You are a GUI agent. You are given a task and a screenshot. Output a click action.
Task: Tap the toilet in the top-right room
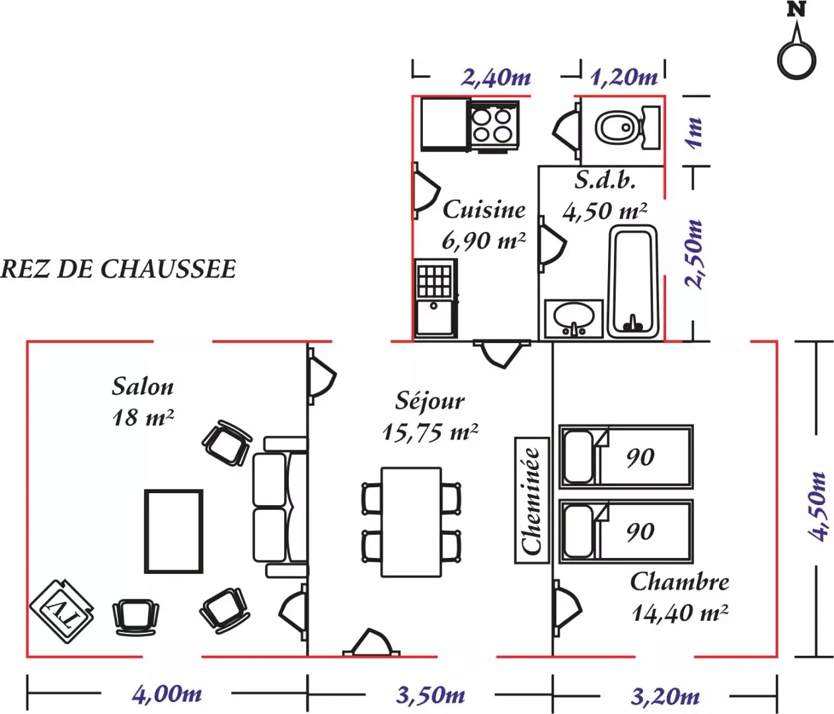pyautogui.click(x=627, y=128)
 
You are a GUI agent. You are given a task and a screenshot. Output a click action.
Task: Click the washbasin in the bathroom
pyautogui.click(x=574, y=319)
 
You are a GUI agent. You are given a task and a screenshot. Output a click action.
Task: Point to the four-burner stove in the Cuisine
pyautogui.click(x=492, y=126)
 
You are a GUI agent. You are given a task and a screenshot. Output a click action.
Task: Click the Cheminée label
pyautogui.click(x=531, y=500)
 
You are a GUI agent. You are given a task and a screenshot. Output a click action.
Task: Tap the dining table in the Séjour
pyautogui.click(x=411, y=522)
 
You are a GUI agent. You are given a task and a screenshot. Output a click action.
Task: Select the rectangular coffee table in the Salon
pyautogui.click(x=174, y=532)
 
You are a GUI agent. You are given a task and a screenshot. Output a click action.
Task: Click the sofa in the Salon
pyautogui.click(x=280, y=507)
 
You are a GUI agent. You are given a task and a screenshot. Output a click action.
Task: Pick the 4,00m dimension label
pyautogui.click(x=167, y=695)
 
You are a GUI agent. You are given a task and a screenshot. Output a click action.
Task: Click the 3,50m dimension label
pyautogui.click(x=430, y=695)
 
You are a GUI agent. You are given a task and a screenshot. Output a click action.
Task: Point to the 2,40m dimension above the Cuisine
pyautogui.click(x=496, y=77)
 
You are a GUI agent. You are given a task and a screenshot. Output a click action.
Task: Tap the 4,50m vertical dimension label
pyautogui.click(x=817, y=506)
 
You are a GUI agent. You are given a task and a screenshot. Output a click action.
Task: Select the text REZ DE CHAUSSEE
pyautogui.click(x=118, y=269)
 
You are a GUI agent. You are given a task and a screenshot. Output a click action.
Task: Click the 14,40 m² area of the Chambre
pyautogui.click(x=680, y=613)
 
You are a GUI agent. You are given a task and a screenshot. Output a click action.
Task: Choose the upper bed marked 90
pyautogui.click(x=626, y=457)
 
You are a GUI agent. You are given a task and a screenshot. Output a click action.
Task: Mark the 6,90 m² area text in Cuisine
pyautogui.click(x=483, y=241)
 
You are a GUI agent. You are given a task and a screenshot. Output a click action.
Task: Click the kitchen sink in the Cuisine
pyautogui.click(x=436, y=298)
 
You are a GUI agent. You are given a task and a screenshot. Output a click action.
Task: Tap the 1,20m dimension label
pyautogui.click(x=624, y=77)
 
